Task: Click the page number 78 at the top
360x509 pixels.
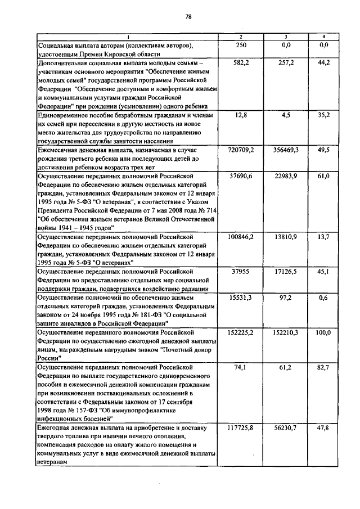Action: pos(188,16)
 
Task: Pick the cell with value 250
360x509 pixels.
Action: pos(241,44)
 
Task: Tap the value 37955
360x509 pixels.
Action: pos(241,272)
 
